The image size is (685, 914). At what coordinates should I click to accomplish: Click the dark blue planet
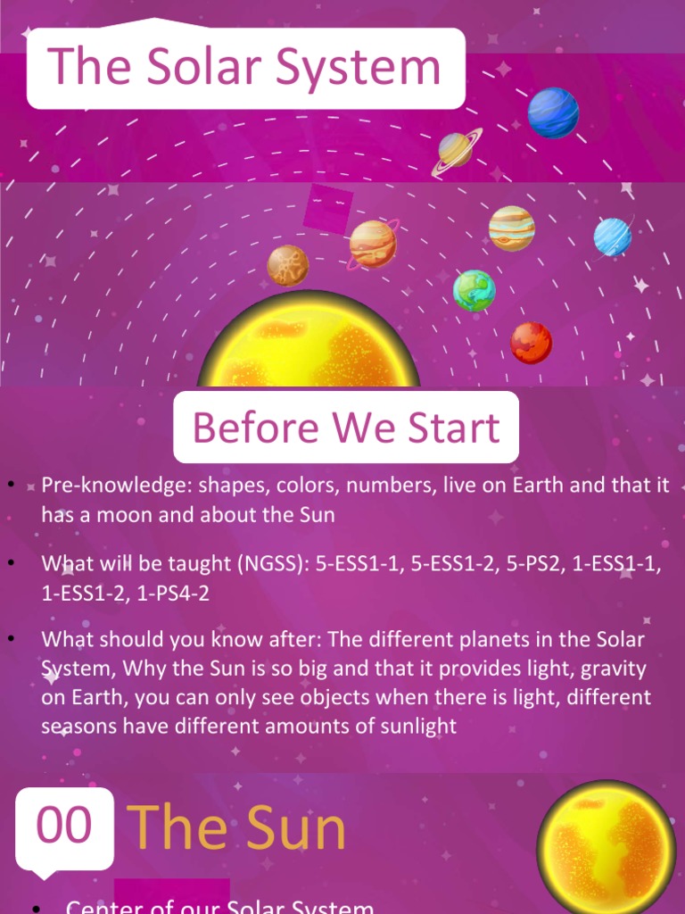tap(553, 112)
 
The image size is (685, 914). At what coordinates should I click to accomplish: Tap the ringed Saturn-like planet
tap(456, 150)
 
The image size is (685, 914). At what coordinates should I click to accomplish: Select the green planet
tap(474, 290)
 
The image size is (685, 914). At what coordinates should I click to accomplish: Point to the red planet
tap(531, 343)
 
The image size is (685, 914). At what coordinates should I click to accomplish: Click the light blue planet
tap(613, 237)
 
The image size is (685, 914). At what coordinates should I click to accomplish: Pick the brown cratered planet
tap(288, 265)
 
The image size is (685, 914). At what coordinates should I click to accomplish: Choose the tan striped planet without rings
tap(511, 228)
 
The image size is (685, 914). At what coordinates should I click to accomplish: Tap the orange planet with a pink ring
tap(373, 244)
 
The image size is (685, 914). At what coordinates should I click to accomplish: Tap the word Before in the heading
tap(243, 428)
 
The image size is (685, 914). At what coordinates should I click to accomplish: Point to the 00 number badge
tap(64, 827)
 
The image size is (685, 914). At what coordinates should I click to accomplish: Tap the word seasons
tap(78, 726)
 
